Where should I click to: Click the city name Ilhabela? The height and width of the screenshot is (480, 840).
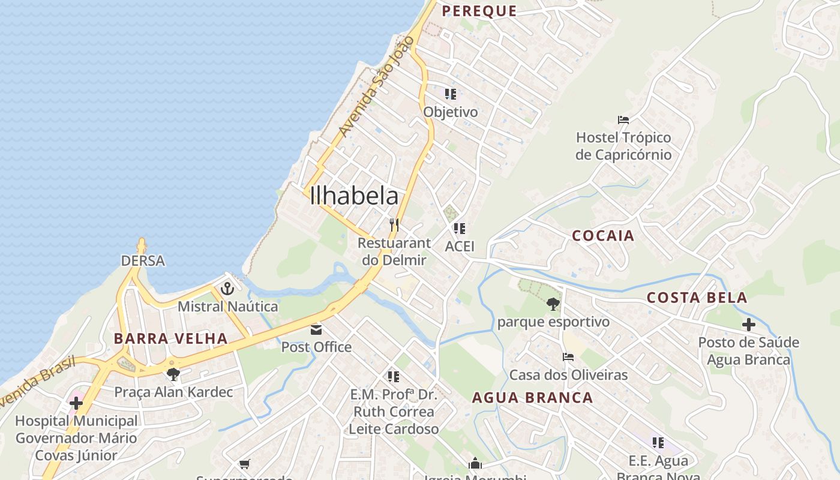point(354,196)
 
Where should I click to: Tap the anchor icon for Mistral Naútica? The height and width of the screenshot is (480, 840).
point(227,289)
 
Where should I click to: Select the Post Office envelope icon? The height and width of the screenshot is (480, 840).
point(316,329)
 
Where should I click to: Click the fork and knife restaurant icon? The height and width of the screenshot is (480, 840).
point(394,225)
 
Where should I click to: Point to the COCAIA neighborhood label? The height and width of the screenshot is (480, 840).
point(603,236)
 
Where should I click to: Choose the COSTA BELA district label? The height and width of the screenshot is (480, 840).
point(697,298)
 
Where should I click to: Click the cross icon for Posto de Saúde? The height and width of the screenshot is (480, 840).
point(748,325)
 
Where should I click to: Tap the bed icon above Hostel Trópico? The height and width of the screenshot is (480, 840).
point(623,120)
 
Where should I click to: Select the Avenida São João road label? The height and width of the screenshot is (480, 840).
point(377,85)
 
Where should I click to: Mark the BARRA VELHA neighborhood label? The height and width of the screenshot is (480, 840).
point(171,338)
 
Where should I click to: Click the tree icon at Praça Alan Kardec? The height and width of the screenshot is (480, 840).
point(173,374)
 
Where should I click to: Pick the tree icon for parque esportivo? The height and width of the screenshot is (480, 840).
point(553,304)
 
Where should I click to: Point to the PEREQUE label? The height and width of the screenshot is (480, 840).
point(479,11)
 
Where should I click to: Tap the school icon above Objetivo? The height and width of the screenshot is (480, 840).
point(451,94)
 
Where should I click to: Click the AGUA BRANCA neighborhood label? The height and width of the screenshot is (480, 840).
point(532,398)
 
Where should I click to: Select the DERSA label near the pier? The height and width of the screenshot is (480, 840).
point(143,261)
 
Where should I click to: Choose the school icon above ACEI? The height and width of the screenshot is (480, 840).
point(460,228)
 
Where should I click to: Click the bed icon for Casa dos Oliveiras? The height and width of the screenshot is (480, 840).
point(568,357)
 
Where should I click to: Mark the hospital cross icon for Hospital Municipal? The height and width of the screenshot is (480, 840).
point(76,402)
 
